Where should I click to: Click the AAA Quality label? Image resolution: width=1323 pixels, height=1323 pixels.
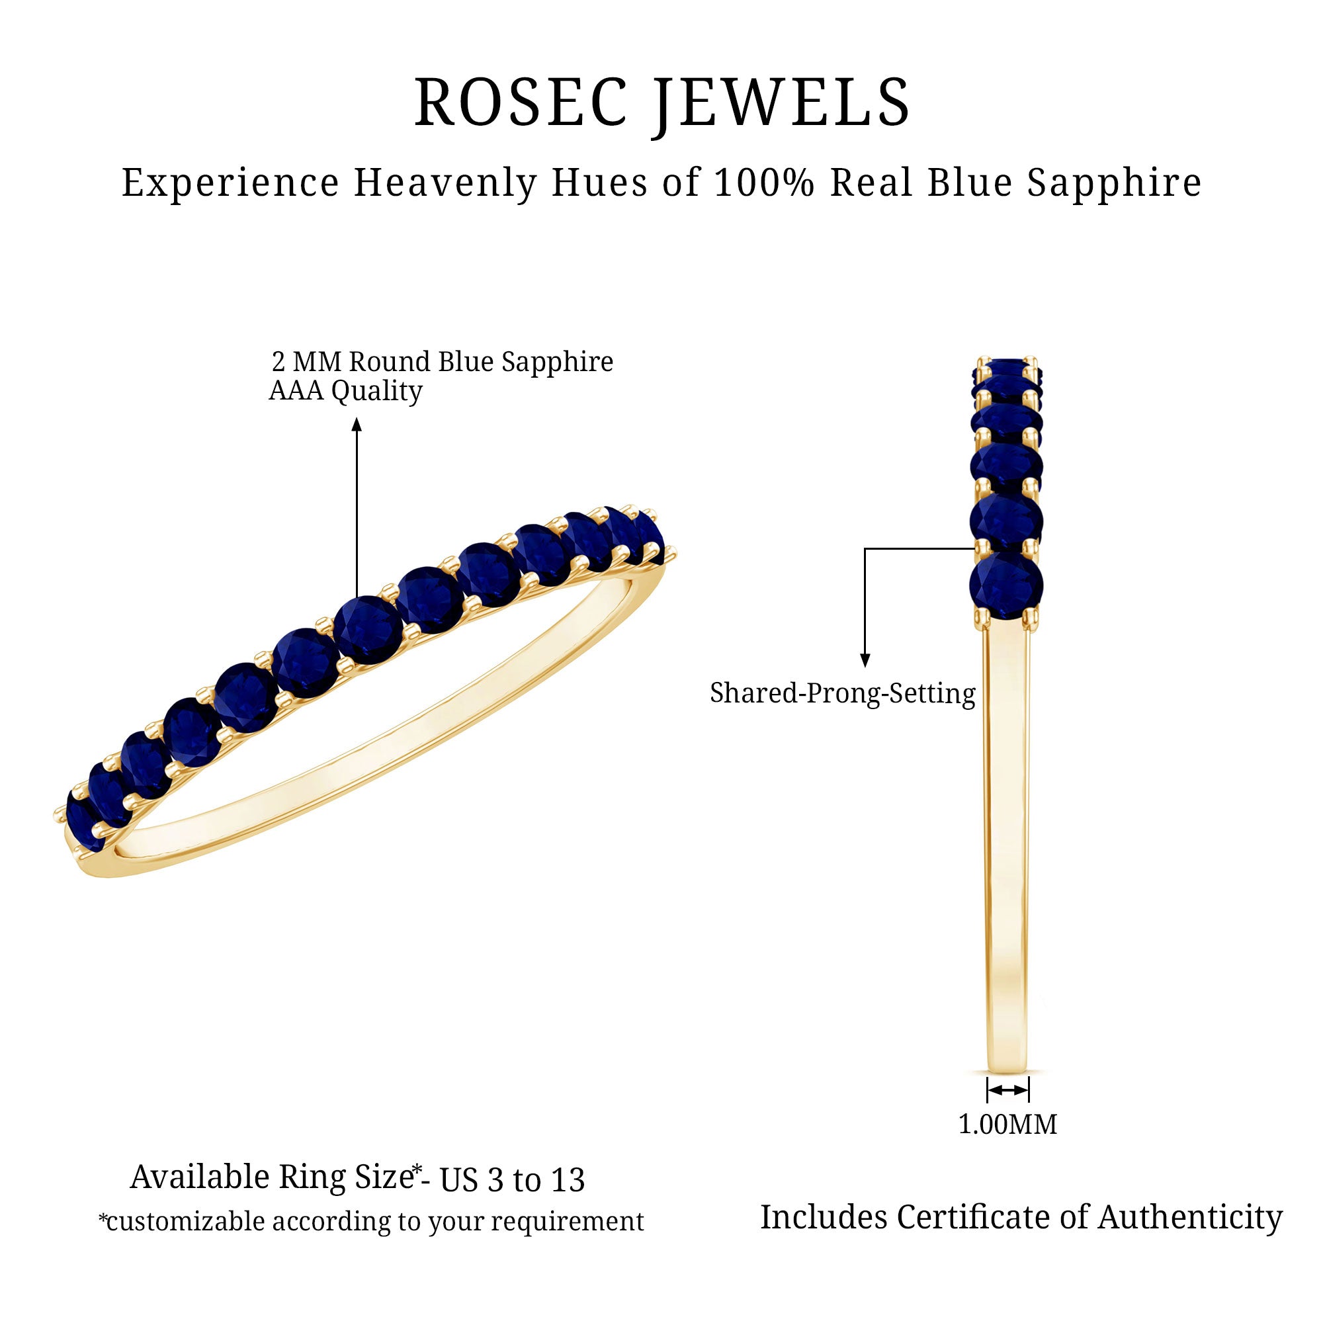tap(346, 391)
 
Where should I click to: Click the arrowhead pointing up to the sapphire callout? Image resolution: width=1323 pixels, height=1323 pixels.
tap(357, 425)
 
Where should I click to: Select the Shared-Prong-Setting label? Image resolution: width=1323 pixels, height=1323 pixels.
tap(842, 693)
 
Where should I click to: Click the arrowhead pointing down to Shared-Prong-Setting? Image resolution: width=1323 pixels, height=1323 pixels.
tap(865, 660)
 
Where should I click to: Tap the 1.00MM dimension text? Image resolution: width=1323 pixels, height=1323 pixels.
tap(1007, 1125)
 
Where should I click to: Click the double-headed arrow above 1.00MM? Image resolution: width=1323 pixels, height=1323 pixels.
tap(1007, 1089)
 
